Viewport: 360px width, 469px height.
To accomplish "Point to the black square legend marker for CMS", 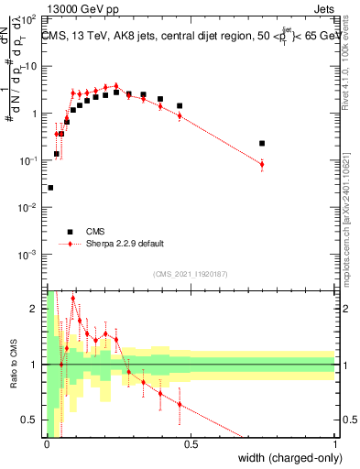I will click(x=70, y=232).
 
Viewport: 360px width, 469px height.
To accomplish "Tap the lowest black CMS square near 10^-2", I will click(x=49, y=188).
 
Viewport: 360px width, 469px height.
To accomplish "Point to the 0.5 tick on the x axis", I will click(x=191, y=444).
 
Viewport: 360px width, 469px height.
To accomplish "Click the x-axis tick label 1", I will click(x=335, y=444).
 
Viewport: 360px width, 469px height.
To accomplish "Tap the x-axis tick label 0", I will click(x=47, y=444).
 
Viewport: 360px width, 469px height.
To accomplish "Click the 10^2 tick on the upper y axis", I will click(x=31, y=19).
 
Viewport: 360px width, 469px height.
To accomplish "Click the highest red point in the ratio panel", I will click(x=72, y=300).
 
